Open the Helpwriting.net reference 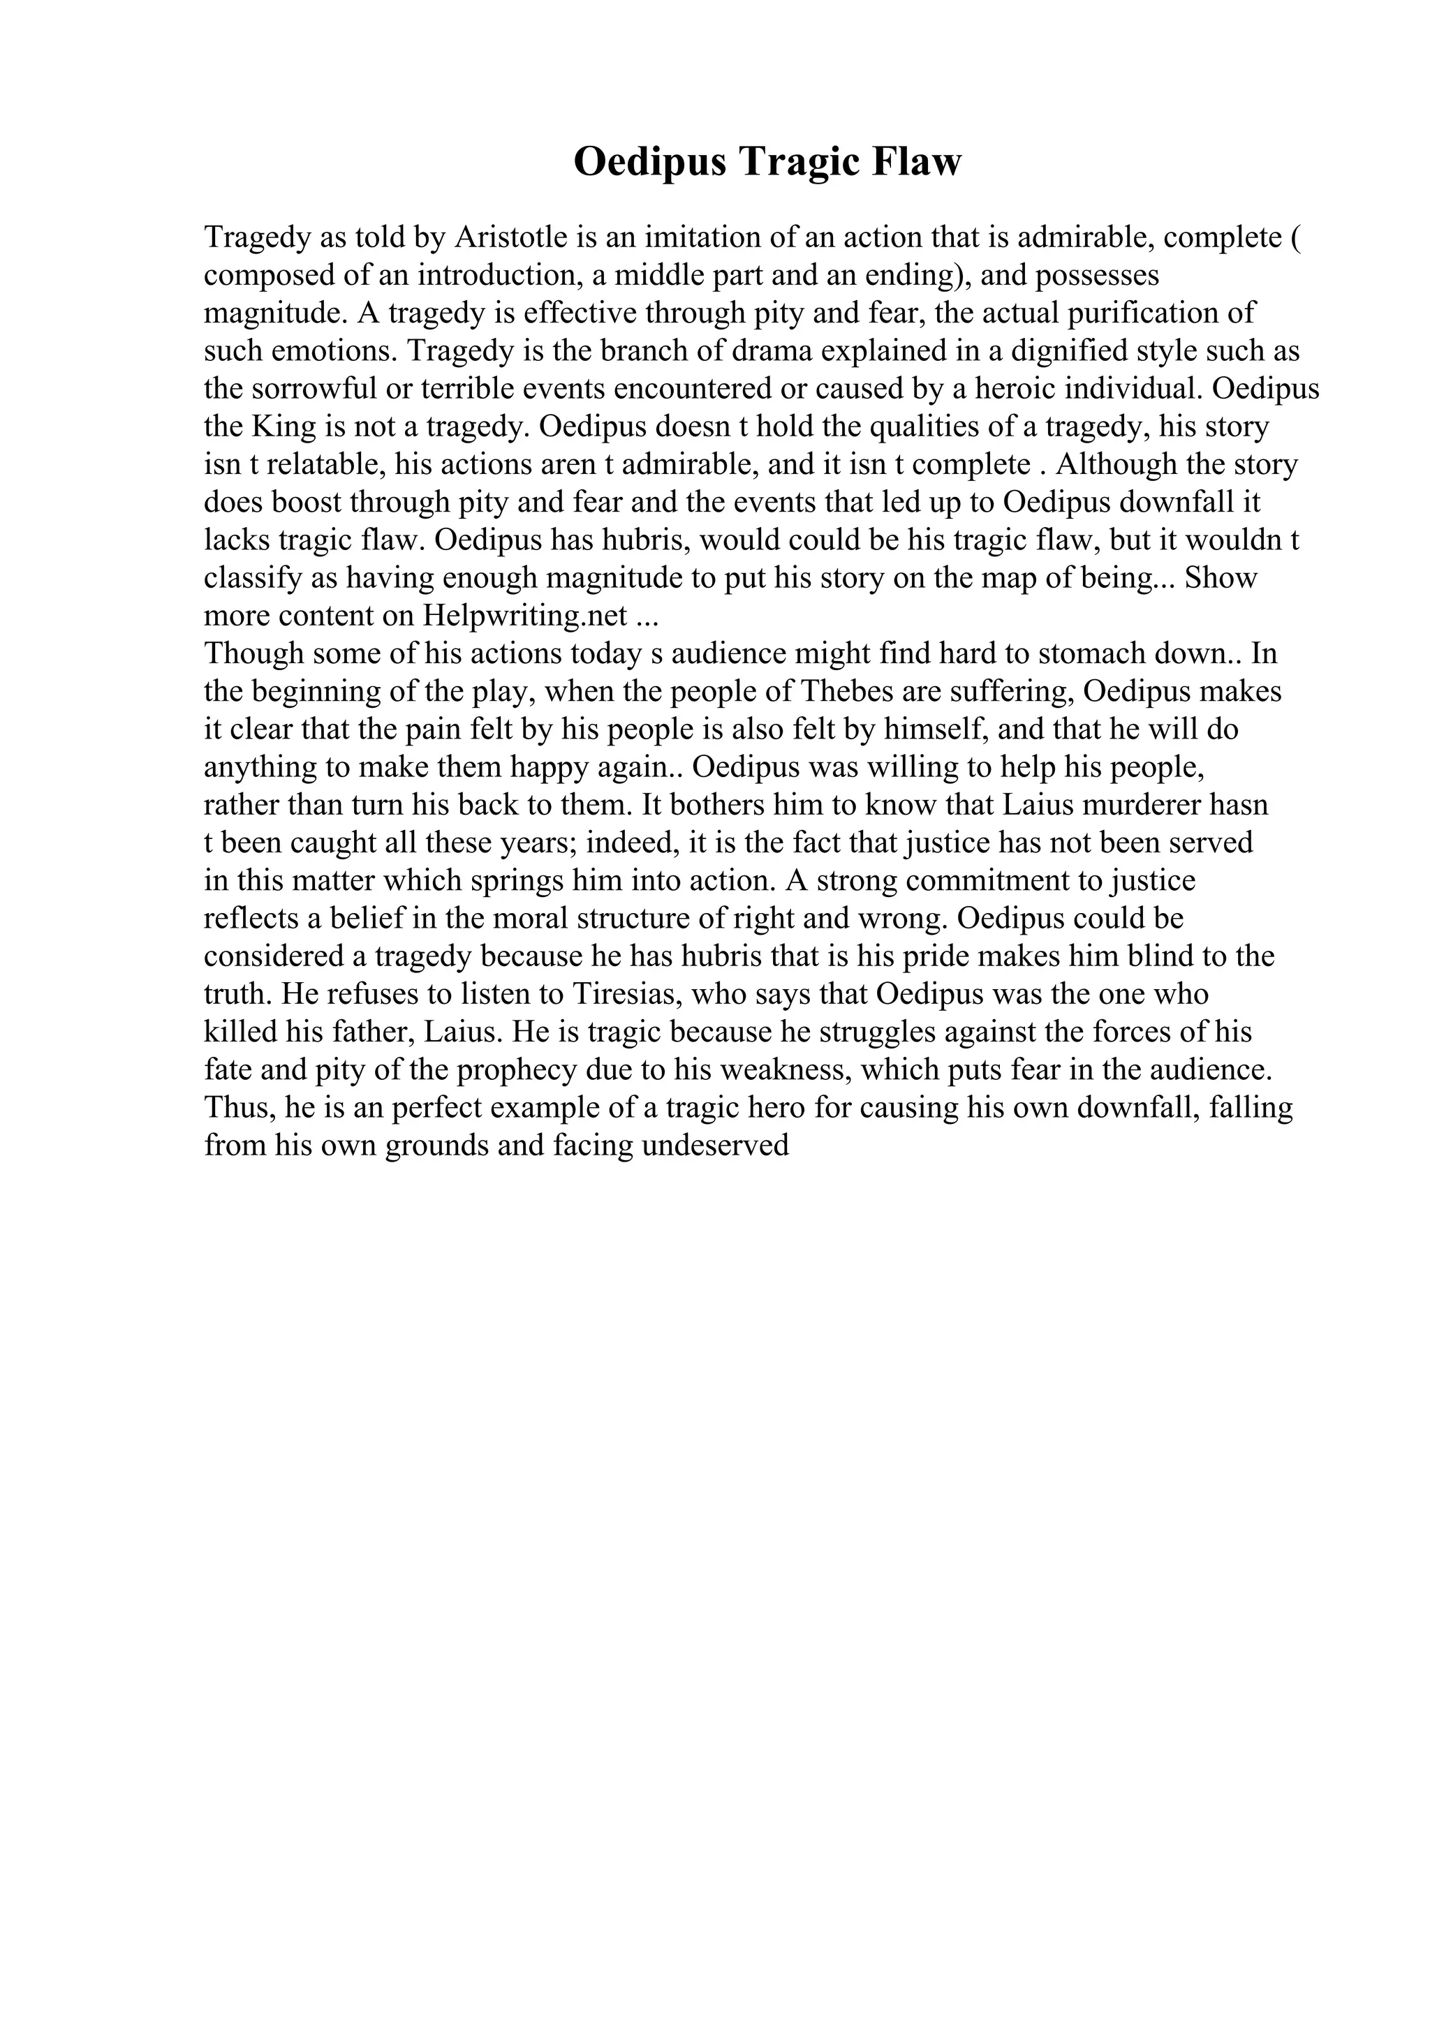tap(525, 616)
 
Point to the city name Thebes tap(846, 692)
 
